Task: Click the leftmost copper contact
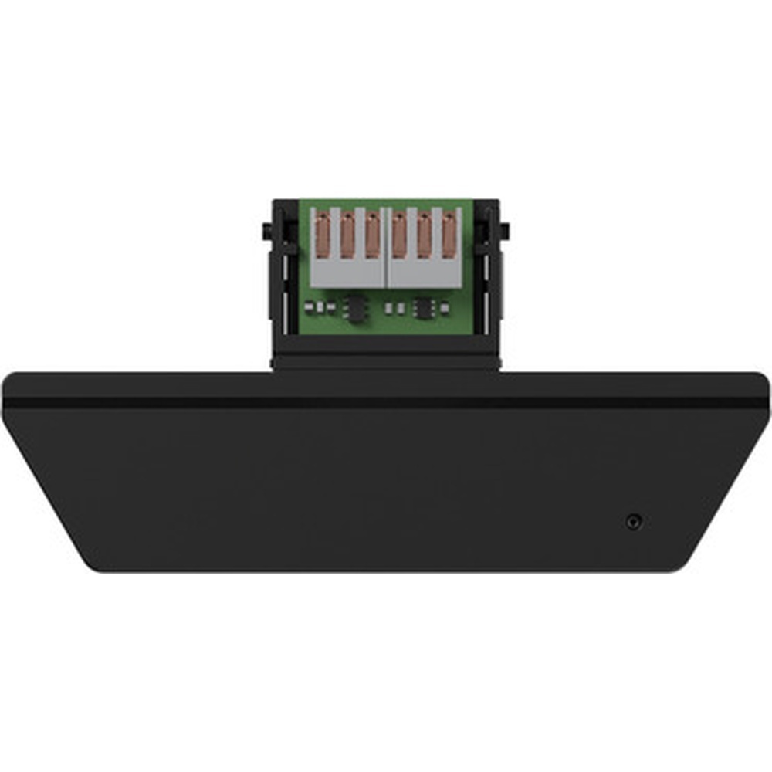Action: coord(322,235)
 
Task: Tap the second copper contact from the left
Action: coord(347,235)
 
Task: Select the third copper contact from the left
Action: coord(373,235)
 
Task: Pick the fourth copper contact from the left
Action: coord(399,235)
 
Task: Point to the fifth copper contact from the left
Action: coord(425,235)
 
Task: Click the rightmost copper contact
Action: coord(450,235)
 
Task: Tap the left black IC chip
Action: coord(355,308)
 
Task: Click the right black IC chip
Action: coord(423,308)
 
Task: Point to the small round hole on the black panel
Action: coord(634,522)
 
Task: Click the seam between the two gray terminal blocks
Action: coord(386,247)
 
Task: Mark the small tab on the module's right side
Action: coord(506,230)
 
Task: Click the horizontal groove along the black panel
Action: coord(386,402)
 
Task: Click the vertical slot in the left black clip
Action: coord(285,286)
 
